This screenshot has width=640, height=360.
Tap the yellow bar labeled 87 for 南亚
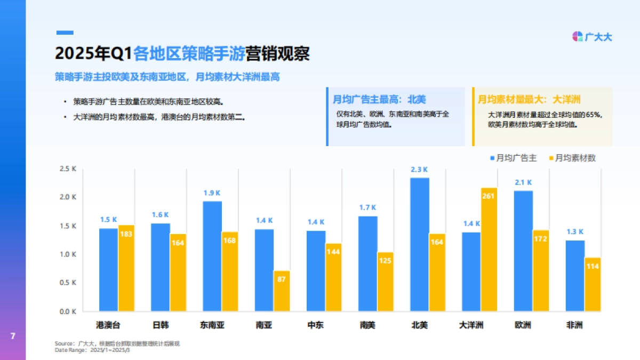[x=282, y=291]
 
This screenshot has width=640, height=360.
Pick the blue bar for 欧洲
[x=523, y=251]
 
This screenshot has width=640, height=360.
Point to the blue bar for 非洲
[x=575, y=276]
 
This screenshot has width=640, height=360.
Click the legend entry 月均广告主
[x=513, y=158]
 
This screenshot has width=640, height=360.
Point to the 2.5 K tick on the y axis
[x=68, y=169]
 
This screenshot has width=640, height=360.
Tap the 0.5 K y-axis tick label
[x=68, y=283]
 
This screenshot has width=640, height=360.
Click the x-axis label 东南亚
[x=212, y=325]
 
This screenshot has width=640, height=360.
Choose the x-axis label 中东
[x=316, y=325]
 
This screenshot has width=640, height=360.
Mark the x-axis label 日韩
[x=161, y=325]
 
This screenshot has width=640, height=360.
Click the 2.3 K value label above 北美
[x=419, y=170]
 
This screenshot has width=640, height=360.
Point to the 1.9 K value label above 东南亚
[x=212, y=193]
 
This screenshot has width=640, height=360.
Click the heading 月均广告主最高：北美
[x=379, y=99]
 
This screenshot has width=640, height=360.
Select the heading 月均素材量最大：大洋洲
[x=529, y=99]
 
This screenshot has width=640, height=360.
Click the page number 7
[x=13, y=336]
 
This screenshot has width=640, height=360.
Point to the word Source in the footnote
[x=64, y=343]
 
